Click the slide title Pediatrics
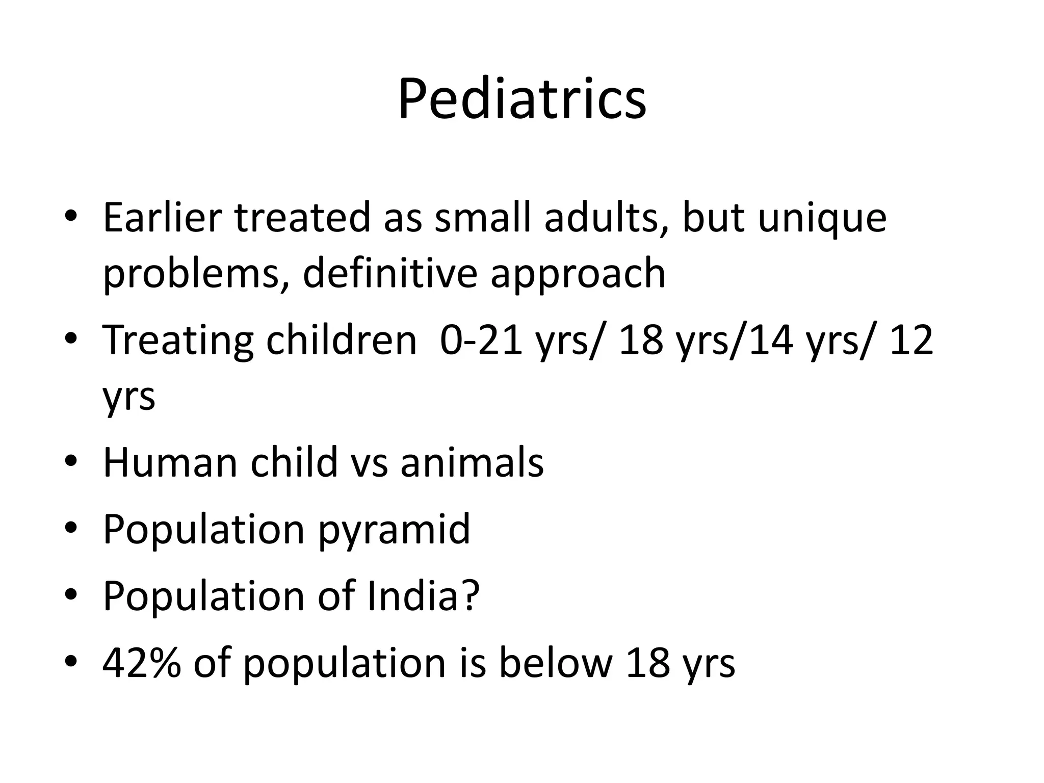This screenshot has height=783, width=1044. click(521, 99)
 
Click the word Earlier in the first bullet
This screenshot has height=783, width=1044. click(163, 218)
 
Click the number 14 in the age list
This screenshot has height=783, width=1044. click(771, 341)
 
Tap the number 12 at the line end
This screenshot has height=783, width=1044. click(911, 341)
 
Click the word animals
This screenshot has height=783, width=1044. click(472, 462)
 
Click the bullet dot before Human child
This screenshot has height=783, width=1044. click(71, 461)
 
